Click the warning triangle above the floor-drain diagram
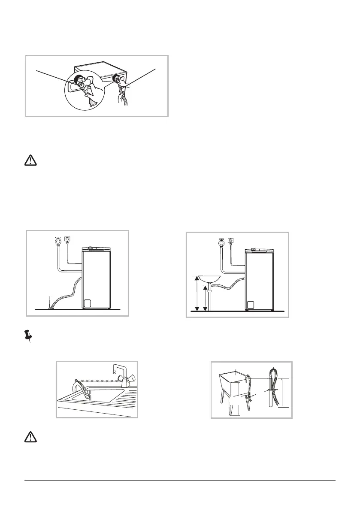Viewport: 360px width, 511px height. click(30, 160)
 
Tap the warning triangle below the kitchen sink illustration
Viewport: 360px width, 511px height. click(30, 437)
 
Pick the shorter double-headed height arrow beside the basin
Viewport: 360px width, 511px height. click(205, 298)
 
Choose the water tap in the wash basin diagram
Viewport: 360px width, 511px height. click(221, 242)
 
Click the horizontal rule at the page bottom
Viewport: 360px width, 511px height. click(180, 481)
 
